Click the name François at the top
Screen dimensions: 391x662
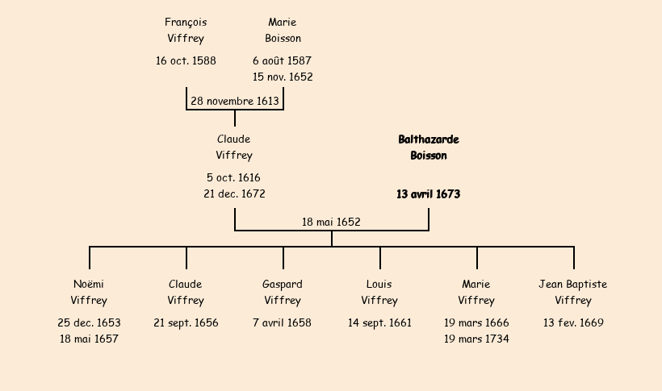[x=186, y=23]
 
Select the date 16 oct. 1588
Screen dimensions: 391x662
[x=186, y=61]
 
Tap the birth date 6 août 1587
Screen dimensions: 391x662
[x=282, y=61]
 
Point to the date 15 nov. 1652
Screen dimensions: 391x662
[x=283, y=77]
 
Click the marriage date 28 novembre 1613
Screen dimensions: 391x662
[x=235, y=102]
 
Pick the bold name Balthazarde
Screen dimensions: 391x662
[x=428, y=139]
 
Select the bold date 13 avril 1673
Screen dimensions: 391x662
[x=428, y=194]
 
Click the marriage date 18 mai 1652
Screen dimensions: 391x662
[x=331, y=223]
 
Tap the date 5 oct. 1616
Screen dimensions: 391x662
[x=233, y=178]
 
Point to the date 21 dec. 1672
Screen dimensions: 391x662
[x=234, y=194]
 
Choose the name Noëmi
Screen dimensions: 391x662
[x=89, y=285]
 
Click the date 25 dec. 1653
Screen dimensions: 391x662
[x=89, y=323]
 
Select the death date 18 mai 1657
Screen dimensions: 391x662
[x=89, y=339]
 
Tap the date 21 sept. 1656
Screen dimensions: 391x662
[x=186, y=323]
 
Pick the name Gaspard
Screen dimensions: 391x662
[x=283, y=285]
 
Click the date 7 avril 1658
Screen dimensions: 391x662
[x=282, y=323]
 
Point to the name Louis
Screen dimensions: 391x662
[x=379, y=285]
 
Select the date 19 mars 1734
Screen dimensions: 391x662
[x=476, y=339]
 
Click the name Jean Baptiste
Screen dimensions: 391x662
[x=573, y=285]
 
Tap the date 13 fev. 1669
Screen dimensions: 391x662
[x=573, y=323]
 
